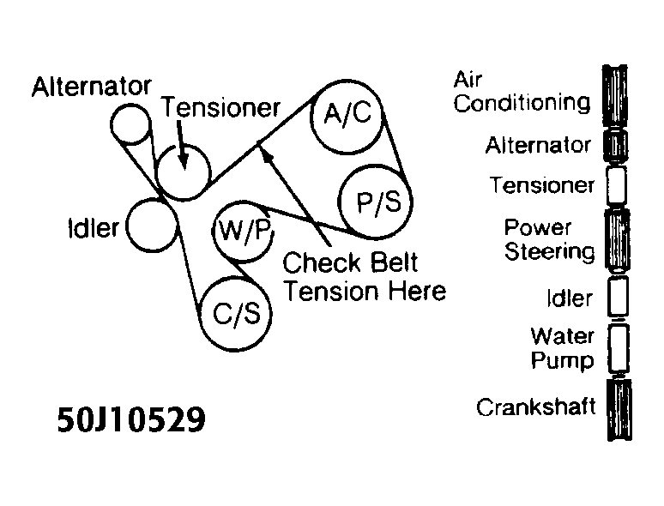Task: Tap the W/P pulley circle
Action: tap(241, 230)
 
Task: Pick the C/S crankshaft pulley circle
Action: tap(236, 313)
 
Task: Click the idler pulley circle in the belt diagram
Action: tap(151, 227)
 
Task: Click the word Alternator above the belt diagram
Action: tap(92, 86)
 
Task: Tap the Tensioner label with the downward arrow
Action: tap(221, 107)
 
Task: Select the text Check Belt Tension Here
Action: tap(365, 276)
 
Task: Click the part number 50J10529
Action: tap(132, 420)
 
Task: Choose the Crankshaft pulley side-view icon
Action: tap(616, 412)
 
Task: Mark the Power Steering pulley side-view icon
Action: tap(616, 240)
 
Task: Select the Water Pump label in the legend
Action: tap(562, 347)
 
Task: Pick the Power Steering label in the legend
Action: tap(549, 240)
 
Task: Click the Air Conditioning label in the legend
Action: tap(522, 93)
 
